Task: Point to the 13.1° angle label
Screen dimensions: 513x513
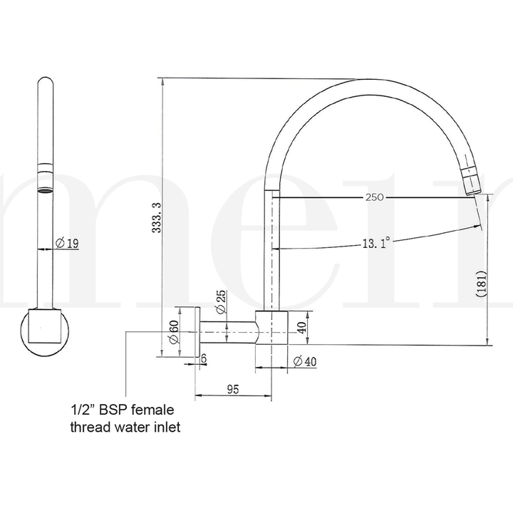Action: [375, 242]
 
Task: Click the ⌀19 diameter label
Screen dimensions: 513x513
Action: [66, 244]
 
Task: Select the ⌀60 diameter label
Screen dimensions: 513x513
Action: [174, 332]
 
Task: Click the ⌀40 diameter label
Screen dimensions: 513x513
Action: [304, 361]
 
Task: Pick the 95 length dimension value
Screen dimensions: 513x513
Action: [232, 388]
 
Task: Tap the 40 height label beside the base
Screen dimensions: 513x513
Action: [301, 328]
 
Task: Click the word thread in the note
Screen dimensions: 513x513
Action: [86, 427]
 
